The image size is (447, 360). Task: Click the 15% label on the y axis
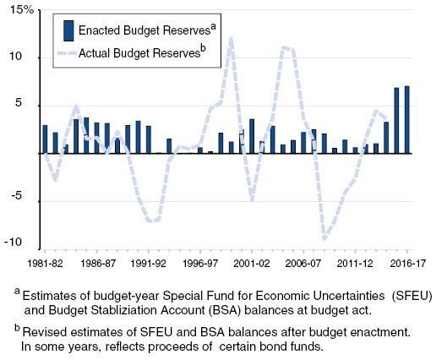[x=21, y=12]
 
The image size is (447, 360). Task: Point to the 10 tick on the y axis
[x=25, y=58]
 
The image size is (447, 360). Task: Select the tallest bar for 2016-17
[x=406, y=119]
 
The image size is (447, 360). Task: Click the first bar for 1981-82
[x=45, y=139]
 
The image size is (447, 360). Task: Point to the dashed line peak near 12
[x=231, y=38]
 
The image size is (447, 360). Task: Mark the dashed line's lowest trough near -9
[x=324, y=238]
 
